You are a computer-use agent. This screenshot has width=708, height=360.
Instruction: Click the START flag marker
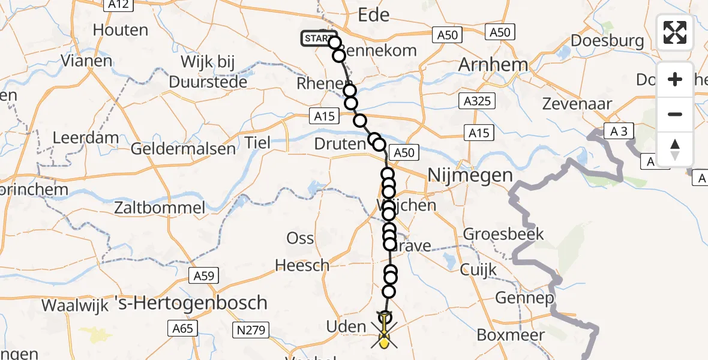pyautogui.click(x=316, y=39)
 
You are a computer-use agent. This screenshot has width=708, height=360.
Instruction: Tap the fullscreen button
pyautogui.click(x=675, y=32)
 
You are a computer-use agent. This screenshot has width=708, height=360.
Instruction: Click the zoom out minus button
pyautogui.click(x=675, y=114)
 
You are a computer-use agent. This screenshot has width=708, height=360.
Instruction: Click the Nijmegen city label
pyautogui.click(x=470, y=175)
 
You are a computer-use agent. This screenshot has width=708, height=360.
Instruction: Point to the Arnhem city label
pyautogui.click(x=493, y=65)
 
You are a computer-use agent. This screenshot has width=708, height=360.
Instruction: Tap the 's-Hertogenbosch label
pyautogui.click(x=198, y=302)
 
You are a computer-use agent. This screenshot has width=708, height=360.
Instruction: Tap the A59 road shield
pyautogui.click(x=205, y=276)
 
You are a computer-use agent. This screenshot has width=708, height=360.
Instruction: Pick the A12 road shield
pyautogui.click(x=118, y=4)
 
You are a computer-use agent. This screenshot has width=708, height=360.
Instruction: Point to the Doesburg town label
pyautogui.click(x=608, y=41)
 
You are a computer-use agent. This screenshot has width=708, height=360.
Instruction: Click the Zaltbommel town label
pyautogui.click(x=161, y=208)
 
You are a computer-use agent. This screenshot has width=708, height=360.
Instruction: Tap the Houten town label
pyautogui.click(x=121, y=30)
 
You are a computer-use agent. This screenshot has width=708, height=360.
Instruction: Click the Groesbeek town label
pyautogui.click(x=503, y=233)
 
